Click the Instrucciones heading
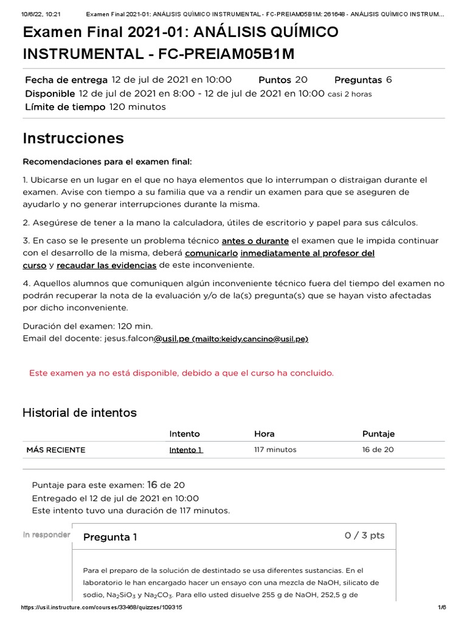pos(73,138)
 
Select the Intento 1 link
pos(186,450)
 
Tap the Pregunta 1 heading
pos(110,537)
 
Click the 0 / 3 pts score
pos(364,535)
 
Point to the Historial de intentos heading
pos(80,413)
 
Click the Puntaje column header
pos(378,434)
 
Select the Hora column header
pos(264,434)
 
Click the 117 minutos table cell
pos(275,450)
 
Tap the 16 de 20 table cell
pos(378,450)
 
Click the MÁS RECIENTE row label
pos(56,450)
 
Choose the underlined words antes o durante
pos(255,241)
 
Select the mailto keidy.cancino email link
pos(250,338)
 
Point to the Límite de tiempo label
pos(65,107)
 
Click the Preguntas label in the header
pos(358,80)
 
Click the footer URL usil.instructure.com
pos(102,607)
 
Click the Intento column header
pos(184,434)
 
